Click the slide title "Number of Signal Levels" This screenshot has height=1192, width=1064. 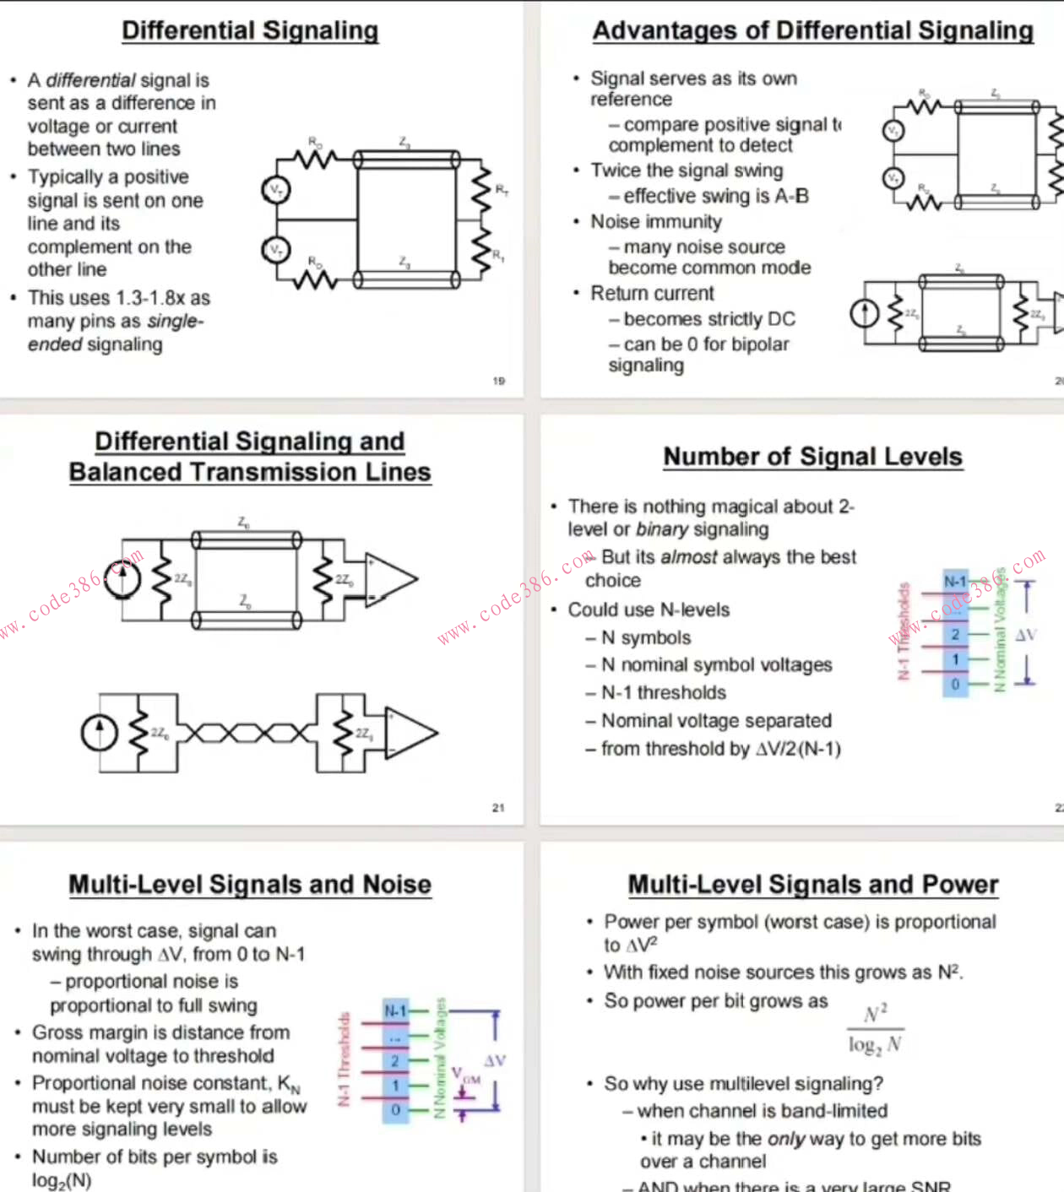[x=812, y=457]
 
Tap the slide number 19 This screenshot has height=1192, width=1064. [x=498, y=381]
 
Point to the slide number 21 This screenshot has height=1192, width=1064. [x=498, y=808]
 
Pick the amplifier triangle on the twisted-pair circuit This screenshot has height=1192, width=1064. [x=411, y=732]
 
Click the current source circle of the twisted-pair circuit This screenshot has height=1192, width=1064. [x=100, y=732]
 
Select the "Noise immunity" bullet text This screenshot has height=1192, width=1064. [x=656, y=222]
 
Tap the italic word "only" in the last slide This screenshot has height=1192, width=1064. [x=785, y=1139]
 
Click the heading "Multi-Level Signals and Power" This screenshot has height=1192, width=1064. [x=812, y=885]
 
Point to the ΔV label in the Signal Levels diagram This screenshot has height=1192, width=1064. [x=1026, y=635]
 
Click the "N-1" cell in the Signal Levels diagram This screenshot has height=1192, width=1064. [x=955, y=581]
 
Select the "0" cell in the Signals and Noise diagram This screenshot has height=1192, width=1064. [x=395, y=1109]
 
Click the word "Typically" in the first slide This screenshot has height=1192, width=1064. [x=65, y=177]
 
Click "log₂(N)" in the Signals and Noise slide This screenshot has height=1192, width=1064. [x=62, y=1180]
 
